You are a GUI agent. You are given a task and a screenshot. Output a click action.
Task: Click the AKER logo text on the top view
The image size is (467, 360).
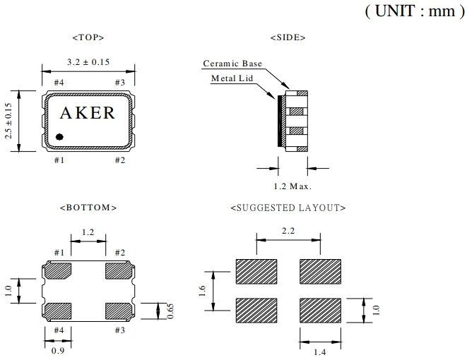(x=88, y=113)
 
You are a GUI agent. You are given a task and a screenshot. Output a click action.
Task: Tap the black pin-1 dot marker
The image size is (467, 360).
(x=60, y=136)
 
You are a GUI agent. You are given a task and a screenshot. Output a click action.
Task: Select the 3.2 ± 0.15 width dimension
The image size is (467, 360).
(x=88, y=62)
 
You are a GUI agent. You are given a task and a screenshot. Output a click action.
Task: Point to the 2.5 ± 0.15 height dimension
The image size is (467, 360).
(x=9, y=121)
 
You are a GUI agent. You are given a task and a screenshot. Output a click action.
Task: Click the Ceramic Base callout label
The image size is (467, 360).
(x=232, y=64)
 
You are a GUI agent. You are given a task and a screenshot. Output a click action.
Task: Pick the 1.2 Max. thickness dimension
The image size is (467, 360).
(x=292, y=186)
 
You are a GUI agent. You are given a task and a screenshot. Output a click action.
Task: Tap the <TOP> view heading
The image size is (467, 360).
(x=88, y=37)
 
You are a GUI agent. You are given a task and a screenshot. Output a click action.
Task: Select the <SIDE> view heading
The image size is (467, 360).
(x=288, y=37)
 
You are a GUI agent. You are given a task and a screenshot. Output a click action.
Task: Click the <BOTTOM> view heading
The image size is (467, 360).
(x=88, y=208)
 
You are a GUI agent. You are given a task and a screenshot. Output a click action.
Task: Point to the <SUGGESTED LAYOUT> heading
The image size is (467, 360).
(x=288, y=208)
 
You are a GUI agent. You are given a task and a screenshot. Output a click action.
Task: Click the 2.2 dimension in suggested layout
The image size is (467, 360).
(x=288, y=231)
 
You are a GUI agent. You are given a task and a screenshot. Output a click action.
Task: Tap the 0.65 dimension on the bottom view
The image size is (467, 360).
(x=170, y=311)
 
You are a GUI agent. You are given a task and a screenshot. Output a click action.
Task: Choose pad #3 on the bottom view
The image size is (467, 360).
(x=118, y=311)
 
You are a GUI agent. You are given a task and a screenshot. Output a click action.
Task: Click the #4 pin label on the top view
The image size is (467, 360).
(x=59, y=83)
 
